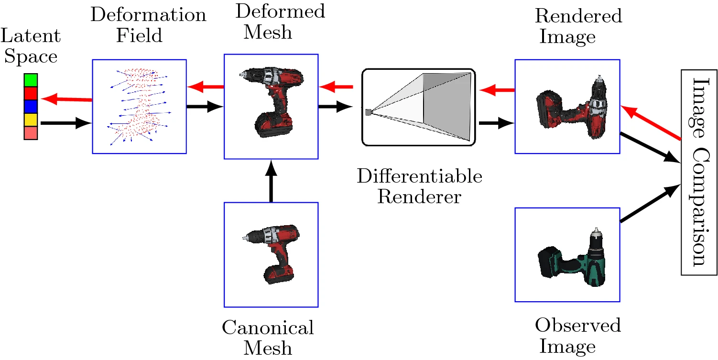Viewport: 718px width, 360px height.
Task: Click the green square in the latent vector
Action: [x=31, y=79]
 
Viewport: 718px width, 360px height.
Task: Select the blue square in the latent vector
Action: [x=31, y=106]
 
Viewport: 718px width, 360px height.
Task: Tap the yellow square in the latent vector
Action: [x=31, y=120]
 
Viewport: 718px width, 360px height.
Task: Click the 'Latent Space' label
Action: [x=31, y=46]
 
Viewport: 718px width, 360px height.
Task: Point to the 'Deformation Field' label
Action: [x=148, y=25]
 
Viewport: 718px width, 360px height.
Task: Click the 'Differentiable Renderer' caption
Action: [x=419, y=186]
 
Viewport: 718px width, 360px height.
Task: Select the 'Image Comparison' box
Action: [x=698, y=172]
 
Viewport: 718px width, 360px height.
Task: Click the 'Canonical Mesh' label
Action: [x=268, y=337]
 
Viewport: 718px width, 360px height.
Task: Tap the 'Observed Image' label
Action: [x=577, y=335]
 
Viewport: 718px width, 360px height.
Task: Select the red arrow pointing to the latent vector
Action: [x=67, y=99]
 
